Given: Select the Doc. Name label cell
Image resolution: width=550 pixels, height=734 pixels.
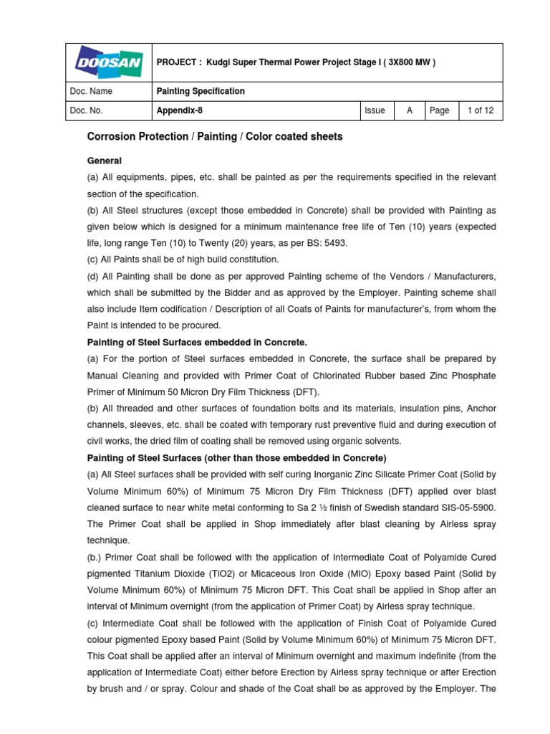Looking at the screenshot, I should (x=91, y=92).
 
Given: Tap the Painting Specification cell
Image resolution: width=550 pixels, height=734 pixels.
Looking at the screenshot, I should (x=201, y=92).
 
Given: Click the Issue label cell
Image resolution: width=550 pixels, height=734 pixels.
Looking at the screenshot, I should (x=375, y=111).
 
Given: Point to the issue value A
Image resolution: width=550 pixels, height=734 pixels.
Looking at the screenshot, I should (x=410, y=111).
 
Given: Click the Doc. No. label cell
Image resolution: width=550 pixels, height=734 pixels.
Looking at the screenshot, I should (x=87, y=111).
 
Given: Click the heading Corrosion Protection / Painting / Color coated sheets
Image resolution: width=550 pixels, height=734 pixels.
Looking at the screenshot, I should (x=214, y=137).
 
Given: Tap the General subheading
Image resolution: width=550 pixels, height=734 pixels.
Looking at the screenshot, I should (x=104, y=161).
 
